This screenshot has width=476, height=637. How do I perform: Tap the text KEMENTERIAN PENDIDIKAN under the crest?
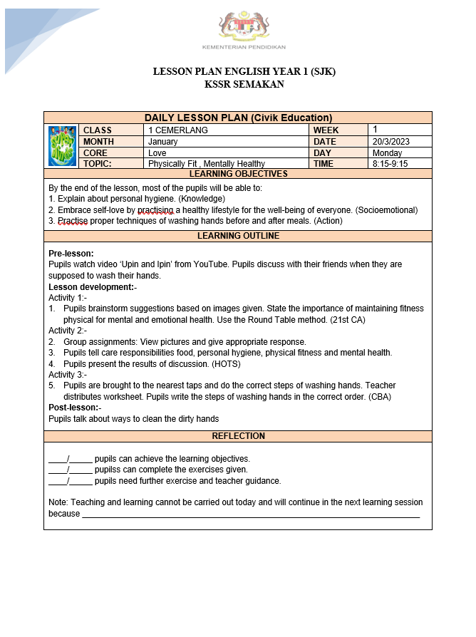click(x=244, y=47)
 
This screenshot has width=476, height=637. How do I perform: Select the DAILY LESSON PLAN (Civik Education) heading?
click(x=238, y=118)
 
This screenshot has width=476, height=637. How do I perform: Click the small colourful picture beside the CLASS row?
click(x=62, y=146)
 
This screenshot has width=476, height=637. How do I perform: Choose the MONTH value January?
click(x=163, y=142)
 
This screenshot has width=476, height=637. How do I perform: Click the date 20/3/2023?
click(x=391, y=142)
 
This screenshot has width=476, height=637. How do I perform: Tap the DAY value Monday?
click(x=387, y=153)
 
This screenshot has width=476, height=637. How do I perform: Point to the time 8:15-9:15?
click(x=390, y=164)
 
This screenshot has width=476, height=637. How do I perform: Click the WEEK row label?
click(x=326, y=130)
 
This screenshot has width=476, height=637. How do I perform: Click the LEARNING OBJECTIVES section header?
click(x=238, y=174)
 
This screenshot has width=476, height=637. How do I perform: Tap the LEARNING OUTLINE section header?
click(x=238, y=236)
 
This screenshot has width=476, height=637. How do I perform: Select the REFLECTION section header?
click(x=238, y=436)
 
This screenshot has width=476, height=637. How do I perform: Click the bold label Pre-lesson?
click(x=71, y=254)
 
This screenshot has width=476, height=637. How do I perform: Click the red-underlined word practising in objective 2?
click(x=155, y=210)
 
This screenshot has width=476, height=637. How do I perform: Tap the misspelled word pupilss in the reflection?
click(x=108, y=470)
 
